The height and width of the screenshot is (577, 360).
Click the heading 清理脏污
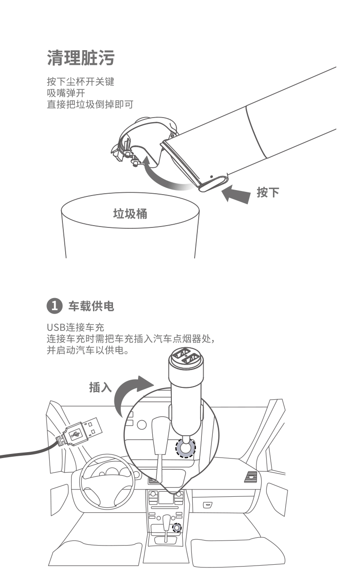pos(81,58)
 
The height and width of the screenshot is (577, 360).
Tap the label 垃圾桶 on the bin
pos(130,214)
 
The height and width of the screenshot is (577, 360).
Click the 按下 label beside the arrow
pos(268,192)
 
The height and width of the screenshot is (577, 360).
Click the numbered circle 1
pos(54,306)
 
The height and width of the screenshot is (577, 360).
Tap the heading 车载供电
pos(91,306)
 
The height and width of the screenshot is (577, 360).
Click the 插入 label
pos(100,387)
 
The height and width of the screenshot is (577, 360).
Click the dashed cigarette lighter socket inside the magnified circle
pos(185,448)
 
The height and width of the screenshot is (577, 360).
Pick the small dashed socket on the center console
pos(177,528)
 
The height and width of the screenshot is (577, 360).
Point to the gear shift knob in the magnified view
pos(161,435)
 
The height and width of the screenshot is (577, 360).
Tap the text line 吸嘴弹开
pos(66,93)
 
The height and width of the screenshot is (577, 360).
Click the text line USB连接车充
pos(75,327)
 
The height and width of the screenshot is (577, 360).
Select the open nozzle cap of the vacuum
pos(144,140)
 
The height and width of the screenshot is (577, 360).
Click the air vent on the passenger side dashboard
pos(251,477)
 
